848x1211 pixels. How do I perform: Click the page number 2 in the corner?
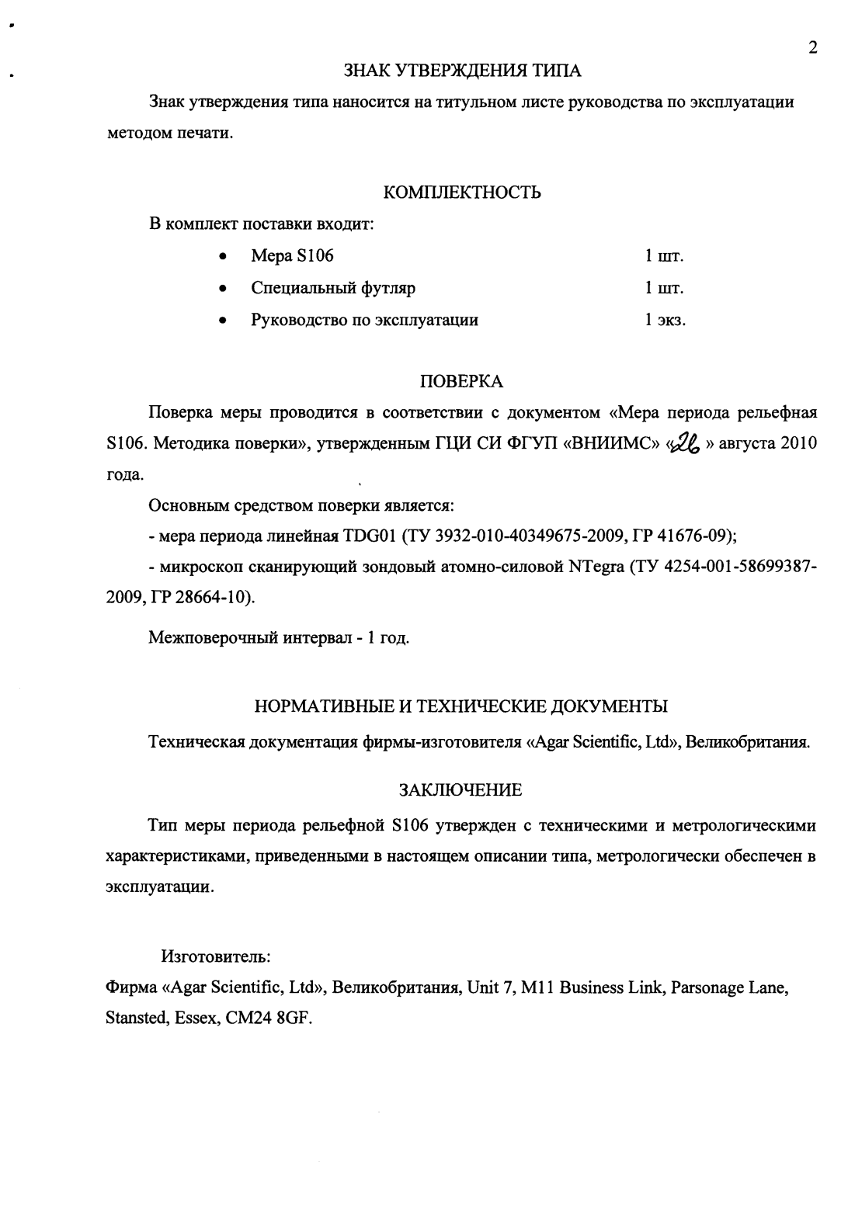[x=812, y=48]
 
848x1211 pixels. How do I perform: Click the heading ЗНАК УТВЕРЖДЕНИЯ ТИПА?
[x=462, y=71]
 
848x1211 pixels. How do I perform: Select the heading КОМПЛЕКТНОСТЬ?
[x=463, y=193]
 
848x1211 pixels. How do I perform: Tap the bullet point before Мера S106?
[x=223, y=257]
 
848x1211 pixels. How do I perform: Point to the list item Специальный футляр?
[x=333, y=289]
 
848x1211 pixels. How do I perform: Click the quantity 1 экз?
[x=664, y=321]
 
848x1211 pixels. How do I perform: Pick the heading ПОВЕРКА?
[x=461, y=381]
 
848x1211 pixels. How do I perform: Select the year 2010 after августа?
[x=798, y=444]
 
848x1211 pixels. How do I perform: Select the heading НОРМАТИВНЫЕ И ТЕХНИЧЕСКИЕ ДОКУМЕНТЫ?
[x=461, y=706]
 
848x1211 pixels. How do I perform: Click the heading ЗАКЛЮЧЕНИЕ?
[x=460, y=790]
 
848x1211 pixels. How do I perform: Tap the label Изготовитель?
[x=215, y=955]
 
